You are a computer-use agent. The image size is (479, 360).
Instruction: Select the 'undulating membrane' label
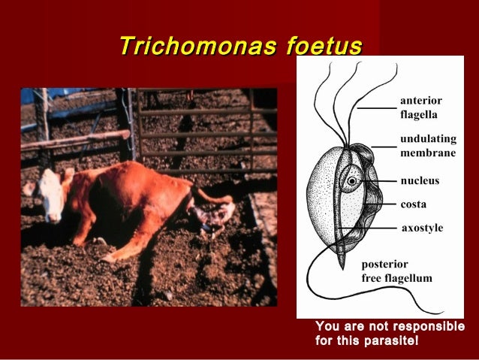427,147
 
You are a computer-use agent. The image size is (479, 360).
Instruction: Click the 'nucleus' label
420,181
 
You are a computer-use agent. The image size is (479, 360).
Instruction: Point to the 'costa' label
414,204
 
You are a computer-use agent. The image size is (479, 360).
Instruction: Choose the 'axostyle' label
423,227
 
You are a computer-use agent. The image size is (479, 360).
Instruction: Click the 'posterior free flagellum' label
396,271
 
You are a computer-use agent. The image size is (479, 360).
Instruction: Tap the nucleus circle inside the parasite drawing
351,181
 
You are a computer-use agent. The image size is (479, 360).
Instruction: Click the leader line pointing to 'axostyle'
368,227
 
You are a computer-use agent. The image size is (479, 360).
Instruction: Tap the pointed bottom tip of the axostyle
341,267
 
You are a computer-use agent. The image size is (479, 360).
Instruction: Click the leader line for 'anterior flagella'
375,108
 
